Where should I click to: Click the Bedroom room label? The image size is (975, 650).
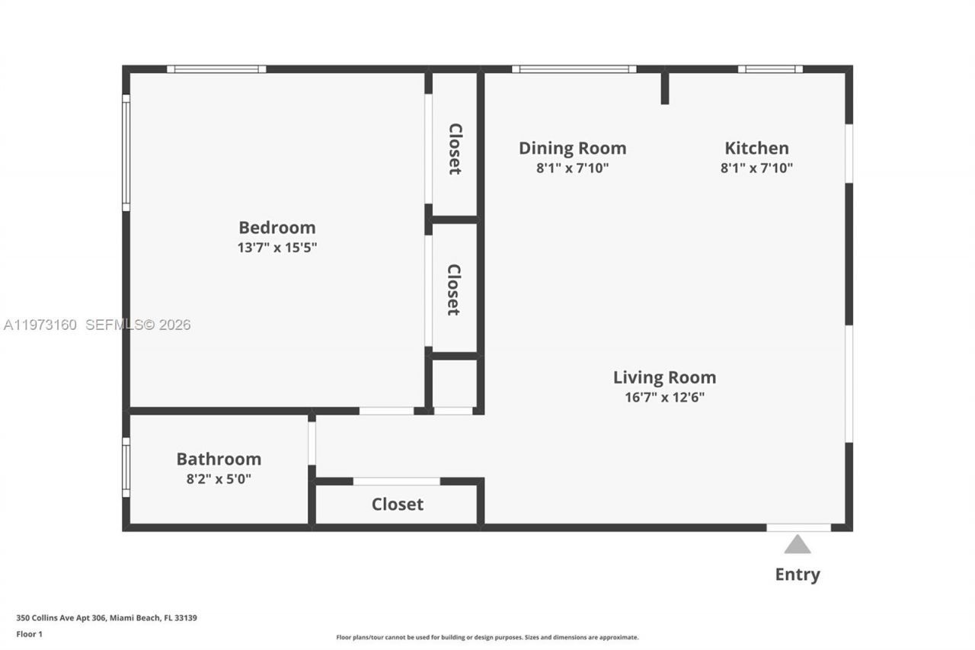pyautogui.click(x=277, y=227)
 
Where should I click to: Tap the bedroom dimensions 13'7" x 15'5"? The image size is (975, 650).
pyautogui.click(x=277, y=248)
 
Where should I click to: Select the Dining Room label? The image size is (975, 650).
pyautogui.click(x=572, y=148)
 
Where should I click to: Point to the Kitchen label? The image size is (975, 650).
pyautogui.click(x=756, y=148)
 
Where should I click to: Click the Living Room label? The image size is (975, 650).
pyautogui.click(x=664, y=377)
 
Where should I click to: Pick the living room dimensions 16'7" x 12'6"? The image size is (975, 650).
pyautogui.click(x=664, y=397)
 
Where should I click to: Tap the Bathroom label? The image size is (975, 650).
pyautogui.click(x=219, y=459)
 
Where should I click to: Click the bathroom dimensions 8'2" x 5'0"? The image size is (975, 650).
pyautogui.click(x=219, y=479)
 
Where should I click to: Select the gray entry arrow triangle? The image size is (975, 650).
pyautogui.click(x=798, y=544)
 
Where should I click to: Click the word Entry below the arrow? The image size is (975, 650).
pyautogui.click(x=798, y=575)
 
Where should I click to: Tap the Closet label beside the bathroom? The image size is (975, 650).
pyautogui.click(x=397, y=504)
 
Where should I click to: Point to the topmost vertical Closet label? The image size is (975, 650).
pyautogui.click(x=454, y=149)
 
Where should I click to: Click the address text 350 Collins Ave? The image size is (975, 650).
pyautogui.click(x=107, y=618)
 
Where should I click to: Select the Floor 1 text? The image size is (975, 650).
pyautogui.click(x=29, y=634)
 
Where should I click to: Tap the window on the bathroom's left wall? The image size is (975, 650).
pyautogui.click(x=126, y=467)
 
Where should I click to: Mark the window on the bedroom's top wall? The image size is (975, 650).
pyautogui.click(x=216, y=69)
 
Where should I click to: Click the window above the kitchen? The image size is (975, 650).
pyautogui.click(x=769, y=69)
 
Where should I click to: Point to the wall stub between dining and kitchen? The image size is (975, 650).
pyautogui.click(x=665, y=88)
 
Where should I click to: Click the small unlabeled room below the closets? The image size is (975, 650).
pyautogui.click(x=454, y=383)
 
